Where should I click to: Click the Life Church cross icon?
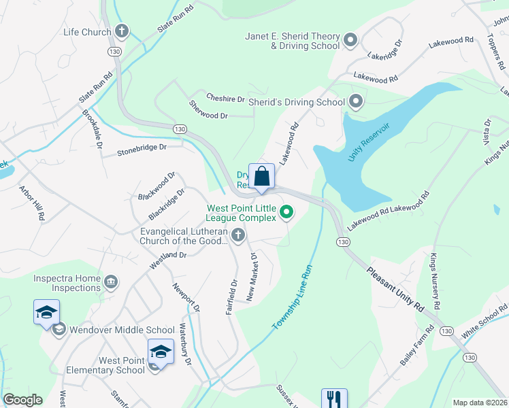click(122, 31)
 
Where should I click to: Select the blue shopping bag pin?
click(261, 177)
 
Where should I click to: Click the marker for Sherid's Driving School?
click(355, 102)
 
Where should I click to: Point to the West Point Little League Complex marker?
click(286, 213)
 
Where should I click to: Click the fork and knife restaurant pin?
click(333, 398)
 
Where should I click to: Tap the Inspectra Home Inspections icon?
click(111, 281)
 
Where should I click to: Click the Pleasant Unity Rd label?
click(395, 288)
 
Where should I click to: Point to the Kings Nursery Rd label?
click(435, 279)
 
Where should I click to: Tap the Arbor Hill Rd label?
click(32, 203)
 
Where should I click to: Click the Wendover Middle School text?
click(121, 330)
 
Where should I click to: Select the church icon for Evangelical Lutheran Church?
click(237, 236)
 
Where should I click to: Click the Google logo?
click(22, 400)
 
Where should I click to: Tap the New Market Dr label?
click(252, 277)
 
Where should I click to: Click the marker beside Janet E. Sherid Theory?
click(350, 41)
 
